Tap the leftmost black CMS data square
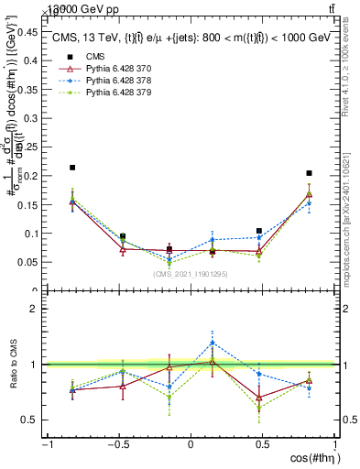[72, 168]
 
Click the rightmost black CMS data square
[310, 173]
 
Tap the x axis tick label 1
[333, 445]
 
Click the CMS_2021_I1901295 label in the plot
[191, 273]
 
